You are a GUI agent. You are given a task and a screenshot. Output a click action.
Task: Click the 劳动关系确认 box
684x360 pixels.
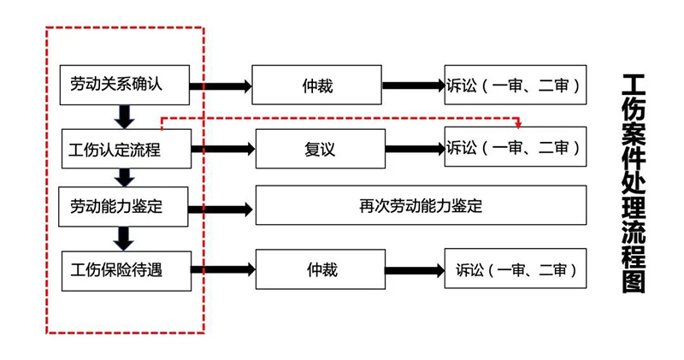click(x=124, y=86)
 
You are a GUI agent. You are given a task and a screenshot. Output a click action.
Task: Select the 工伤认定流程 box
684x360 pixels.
click(x=126, y=149)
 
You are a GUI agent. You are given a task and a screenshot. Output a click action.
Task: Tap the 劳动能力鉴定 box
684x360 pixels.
click(x=123, y=207)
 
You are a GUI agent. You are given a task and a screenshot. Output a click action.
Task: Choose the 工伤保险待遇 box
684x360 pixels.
click(x=126, y=271)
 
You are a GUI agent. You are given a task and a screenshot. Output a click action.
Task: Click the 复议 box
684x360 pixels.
click(x=320, y=149)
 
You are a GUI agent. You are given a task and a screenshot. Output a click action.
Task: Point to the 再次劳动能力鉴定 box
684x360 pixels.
click(x=421, y=205)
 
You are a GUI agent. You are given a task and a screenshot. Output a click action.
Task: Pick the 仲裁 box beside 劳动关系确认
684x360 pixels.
click(x=316, y=86)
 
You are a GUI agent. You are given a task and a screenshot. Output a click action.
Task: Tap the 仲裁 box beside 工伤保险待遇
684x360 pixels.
click(x=320, y=269)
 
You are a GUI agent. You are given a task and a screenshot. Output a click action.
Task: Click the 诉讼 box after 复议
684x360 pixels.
click(x=516, y=146)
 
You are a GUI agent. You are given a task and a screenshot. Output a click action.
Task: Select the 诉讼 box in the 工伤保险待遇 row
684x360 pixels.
click(x=516, y=269)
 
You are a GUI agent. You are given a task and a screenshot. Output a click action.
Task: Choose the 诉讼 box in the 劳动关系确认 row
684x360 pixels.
click(x=516, y=85)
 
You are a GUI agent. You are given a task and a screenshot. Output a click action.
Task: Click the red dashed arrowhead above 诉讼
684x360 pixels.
click(x=518, y=125)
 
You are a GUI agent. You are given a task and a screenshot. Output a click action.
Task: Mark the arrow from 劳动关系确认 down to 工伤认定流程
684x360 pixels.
click(x=124, y=117)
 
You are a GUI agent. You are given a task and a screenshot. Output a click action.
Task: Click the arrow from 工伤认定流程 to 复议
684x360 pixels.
click(x=223, y=150)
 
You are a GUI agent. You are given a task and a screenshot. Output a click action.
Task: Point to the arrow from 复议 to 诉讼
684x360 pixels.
click(x=415, y=150)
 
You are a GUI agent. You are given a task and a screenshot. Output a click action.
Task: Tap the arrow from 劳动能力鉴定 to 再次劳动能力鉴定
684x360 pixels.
click(x=221, y=210)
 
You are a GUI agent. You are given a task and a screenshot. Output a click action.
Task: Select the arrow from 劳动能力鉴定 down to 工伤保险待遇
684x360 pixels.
click(x=124, y=239)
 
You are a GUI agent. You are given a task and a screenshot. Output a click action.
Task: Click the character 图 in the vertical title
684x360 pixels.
click(x=634, y=280)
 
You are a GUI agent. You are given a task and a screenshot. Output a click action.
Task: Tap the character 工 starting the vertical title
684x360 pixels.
click(x=634, y=87)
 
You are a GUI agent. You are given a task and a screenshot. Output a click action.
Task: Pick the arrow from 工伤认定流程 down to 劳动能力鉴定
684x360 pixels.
click(x=125, y=178)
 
